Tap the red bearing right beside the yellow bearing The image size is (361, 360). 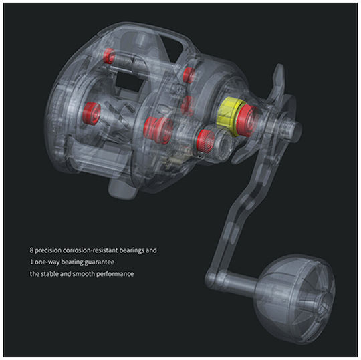click(247, 121)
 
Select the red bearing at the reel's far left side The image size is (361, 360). click(92, 114)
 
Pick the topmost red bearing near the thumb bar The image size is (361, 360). click(109, 56)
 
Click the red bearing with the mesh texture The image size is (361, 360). click(206, 141)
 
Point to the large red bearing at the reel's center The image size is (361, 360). click(158, 130)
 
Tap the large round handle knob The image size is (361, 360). click(295, 299)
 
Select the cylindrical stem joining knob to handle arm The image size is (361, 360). click(239, 283)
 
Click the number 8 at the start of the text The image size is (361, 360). click(31, 250)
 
